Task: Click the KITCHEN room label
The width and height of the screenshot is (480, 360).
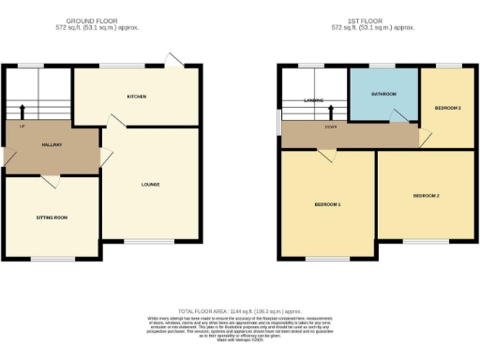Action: pos(137,97)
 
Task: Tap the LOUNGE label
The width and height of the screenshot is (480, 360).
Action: pos(150,184)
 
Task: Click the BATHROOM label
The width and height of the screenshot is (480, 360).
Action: pos(382,94)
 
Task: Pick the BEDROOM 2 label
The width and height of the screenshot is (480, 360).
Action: pos(426,195)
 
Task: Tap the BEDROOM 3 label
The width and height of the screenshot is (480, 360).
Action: pos(447,109)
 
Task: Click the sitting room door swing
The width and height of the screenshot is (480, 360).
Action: pos(54,180)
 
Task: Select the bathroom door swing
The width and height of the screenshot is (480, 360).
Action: pos(398,114)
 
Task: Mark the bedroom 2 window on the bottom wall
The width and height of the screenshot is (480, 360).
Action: pos(425,241)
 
